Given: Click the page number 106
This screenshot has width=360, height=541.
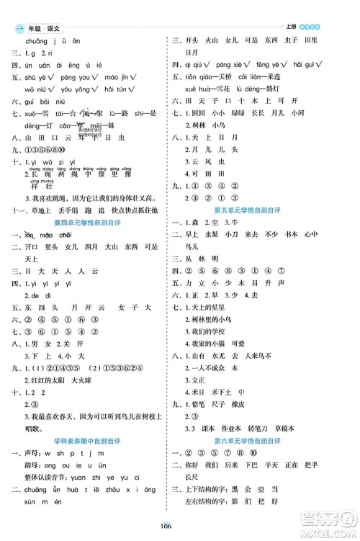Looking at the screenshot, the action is click(x=179, y=525).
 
